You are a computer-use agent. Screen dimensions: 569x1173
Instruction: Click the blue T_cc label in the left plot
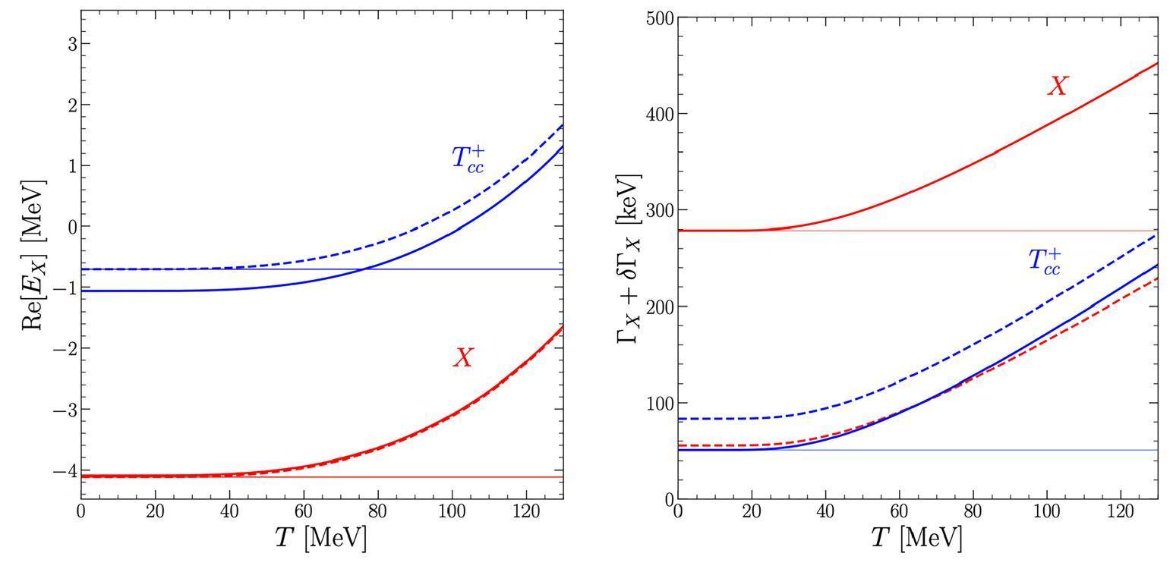(x=468, y=159)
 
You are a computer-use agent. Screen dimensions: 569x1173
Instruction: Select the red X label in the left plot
(x=463, y=358)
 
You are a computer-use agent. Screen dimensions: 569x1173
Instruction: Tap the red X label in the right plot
(x=1057, y=86)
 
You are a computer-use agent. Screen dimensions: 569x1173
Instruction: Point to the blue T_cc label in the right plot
(x=1044, y=260)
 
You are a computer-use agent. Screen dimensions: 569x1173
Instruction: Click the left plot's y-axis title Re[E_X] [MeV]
(x=33, y=255)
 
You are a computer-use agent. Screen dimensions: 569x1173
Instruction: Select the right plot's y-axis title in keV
(x=629, y=259)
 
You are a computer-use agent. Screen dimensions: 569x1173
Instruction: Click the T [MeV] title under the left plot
(x=321, y=538)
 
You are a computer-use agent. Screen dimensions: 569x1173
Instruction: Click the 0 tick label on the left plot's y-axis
(x=73, y=227)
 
